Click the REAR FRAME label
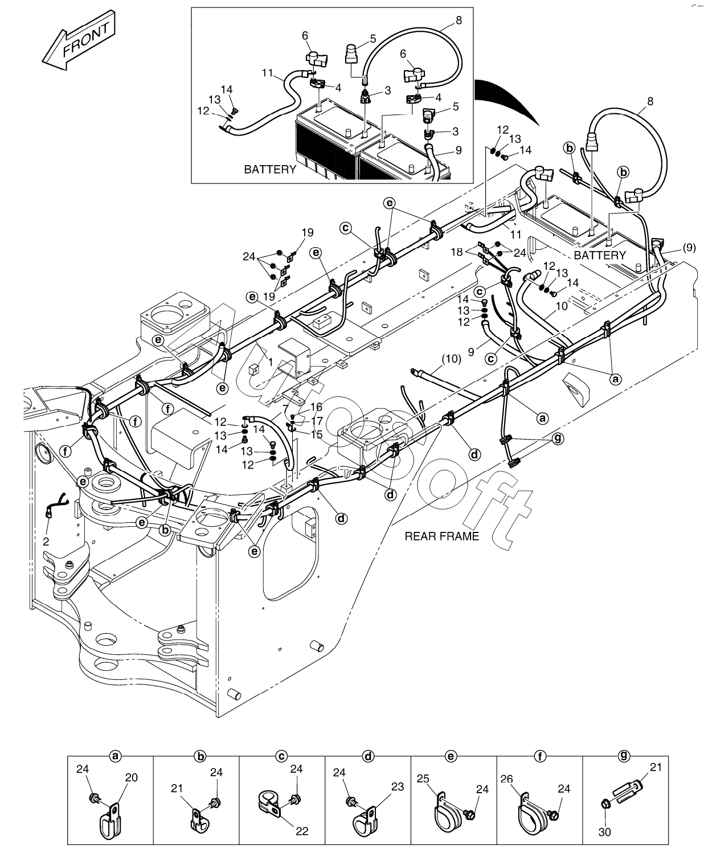click(441, 536)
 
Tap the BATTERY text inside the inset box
click(270, 169)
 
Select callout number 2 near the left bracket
click(46, 541)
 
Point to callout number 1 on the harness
click(271, 362)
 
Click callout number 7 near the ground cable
click(284, 408)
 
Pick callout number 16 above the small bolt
click(316, 407)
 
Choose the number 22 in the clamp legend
click(302, 831)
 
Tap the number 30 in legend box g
click(605, 832)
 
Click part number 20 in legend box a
click(130, 777)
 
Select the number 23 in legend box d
click(397, 786)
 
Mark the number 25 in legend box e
click(423, 777)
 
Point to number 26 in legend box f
click(507, 777)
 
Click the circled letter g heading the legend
click(624, 756)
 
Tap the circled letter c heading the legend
click(281, 756)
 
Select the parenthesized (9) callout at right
click(687, 248)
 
